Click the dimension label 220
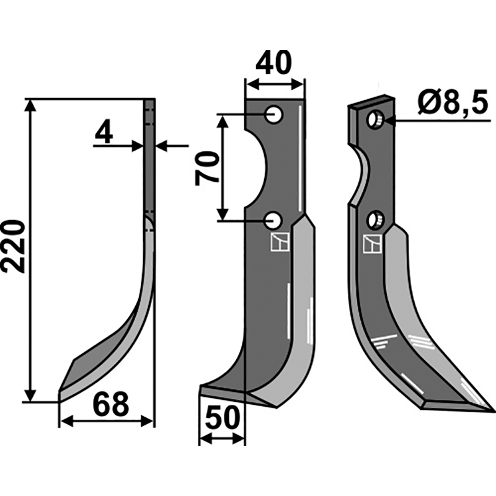tap(13, 247)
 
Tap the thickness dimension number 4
tap(104, 132)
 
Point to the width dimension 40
tap(273, 63)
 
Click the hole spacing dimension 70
tap(208, 168)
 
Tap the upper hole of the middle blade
tap(273, 115)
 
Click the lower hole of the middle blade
tap(273, 221)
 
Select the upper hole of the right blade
tap(375, 120)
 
